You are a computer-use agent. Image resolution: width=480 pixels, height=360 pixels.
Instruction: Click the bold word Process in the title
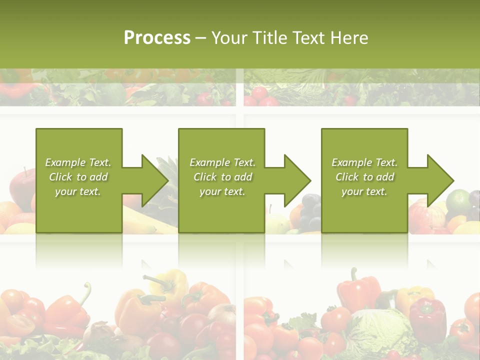[157, 38]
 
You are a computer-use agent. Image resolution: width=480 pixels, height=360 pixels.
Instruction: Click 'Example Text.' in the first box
[78, 162]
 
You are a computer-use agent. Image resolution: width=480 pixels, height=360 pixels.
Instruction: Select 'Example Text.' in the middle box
[222, 162]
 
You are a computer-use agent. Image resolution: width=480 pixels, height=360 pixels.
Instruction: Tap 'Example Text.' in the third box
[364, 162]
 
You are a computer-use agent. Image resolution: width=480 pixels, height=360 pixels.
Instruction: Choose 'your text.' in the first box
[78, 191]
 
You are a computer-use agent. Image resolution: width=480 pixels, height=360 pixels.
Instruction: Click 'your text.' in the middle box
[222, 191]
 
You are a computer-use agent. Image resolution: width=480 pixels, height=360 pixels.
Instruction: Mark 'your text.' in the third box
[364, 191]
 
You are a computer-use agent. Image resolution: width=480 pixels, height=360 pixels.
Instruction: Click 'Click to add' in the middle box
[222, 177]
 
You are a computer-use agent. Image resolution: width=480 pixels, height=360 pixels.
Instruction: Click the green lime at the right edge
[458, 200]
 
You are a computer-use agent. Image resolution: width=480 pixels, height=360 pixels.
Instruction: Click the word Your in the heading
[229, 38]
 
